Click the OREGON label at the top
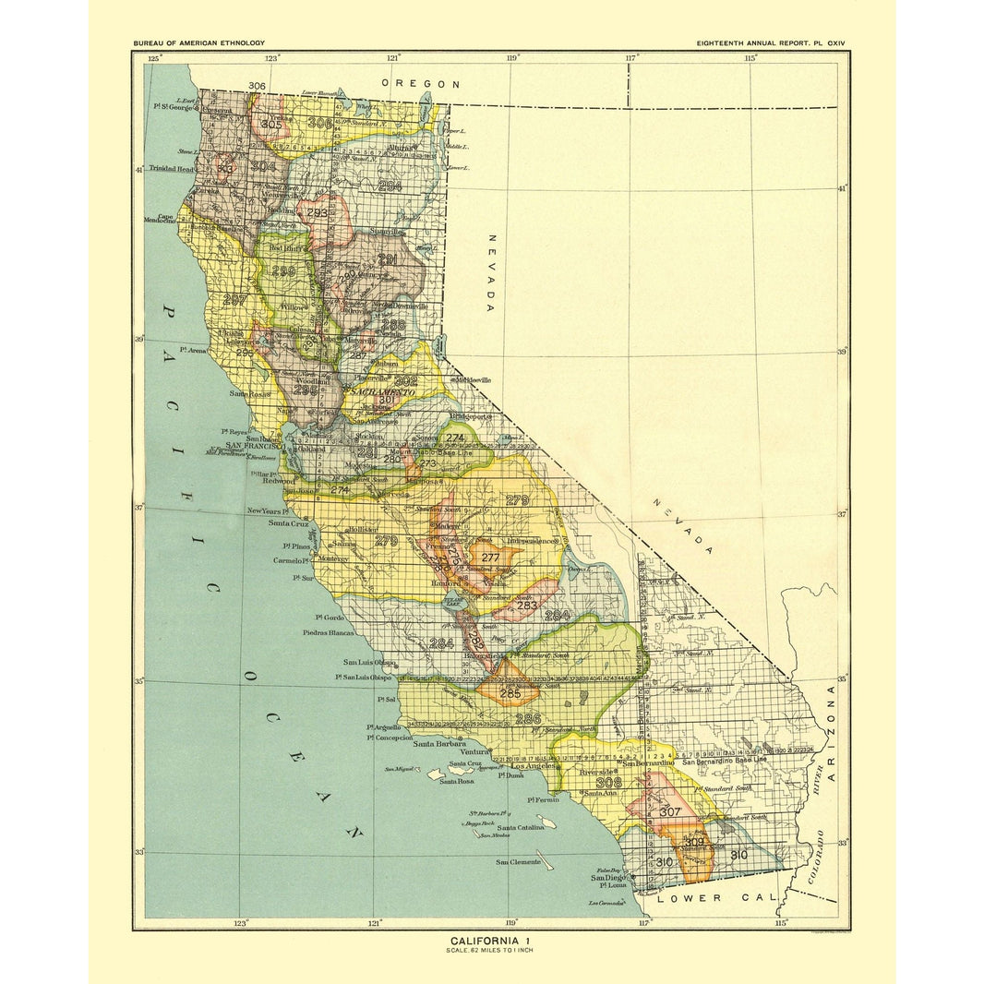click(421, 84)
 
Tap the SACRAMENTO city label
click(380, 392)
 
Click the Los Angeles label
click(533, 766)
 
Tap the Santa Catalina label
click(522, 829)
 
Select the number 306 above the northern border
click(258, 86)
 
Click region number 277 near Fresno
click(490, 558)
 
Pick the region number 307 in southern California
click(670, 811)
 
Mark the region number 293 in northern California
click(318, 212)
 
